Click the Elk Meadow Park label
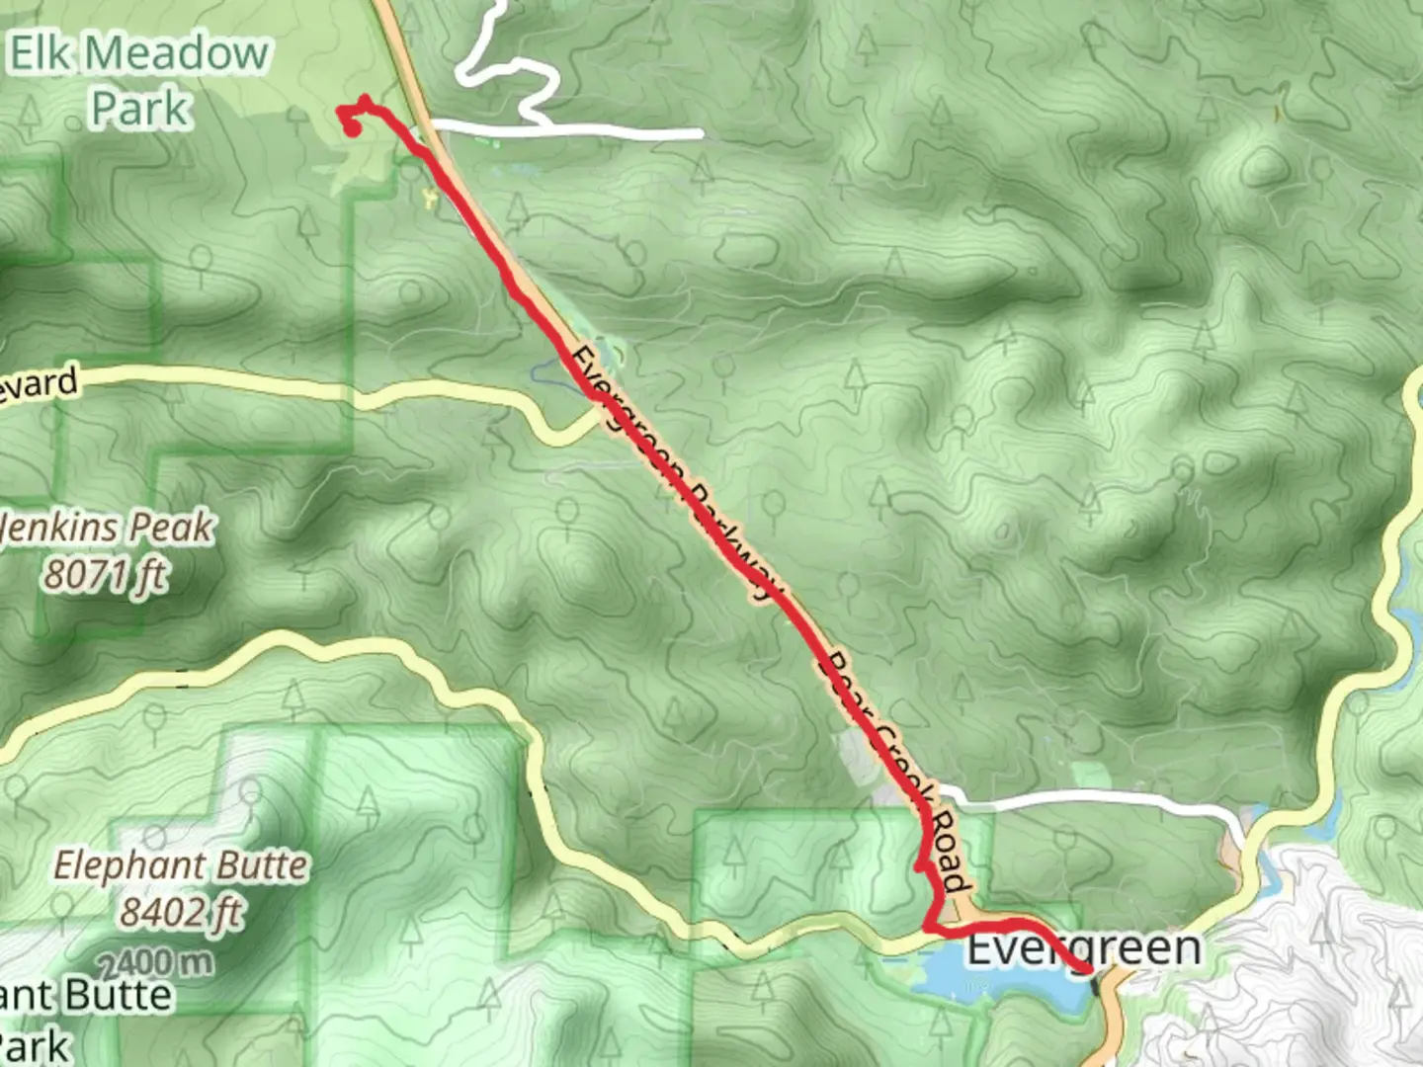coord(139,80)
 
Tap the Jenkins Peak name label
coord(107,529)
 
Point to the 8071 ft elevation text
coord(105,574)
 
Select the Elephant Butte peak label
coord(181,866)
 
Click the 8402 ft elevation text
coord(181,911)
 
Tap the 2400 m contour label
coord(155,959)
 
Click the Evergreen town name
coord(1083,948)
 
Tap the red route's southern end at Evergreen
coord(1088,972)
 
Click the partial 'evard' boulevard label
coord(40,383)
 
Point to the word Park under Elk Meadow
coord(139,108)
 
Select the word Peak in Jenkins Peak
coord(174,529)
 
